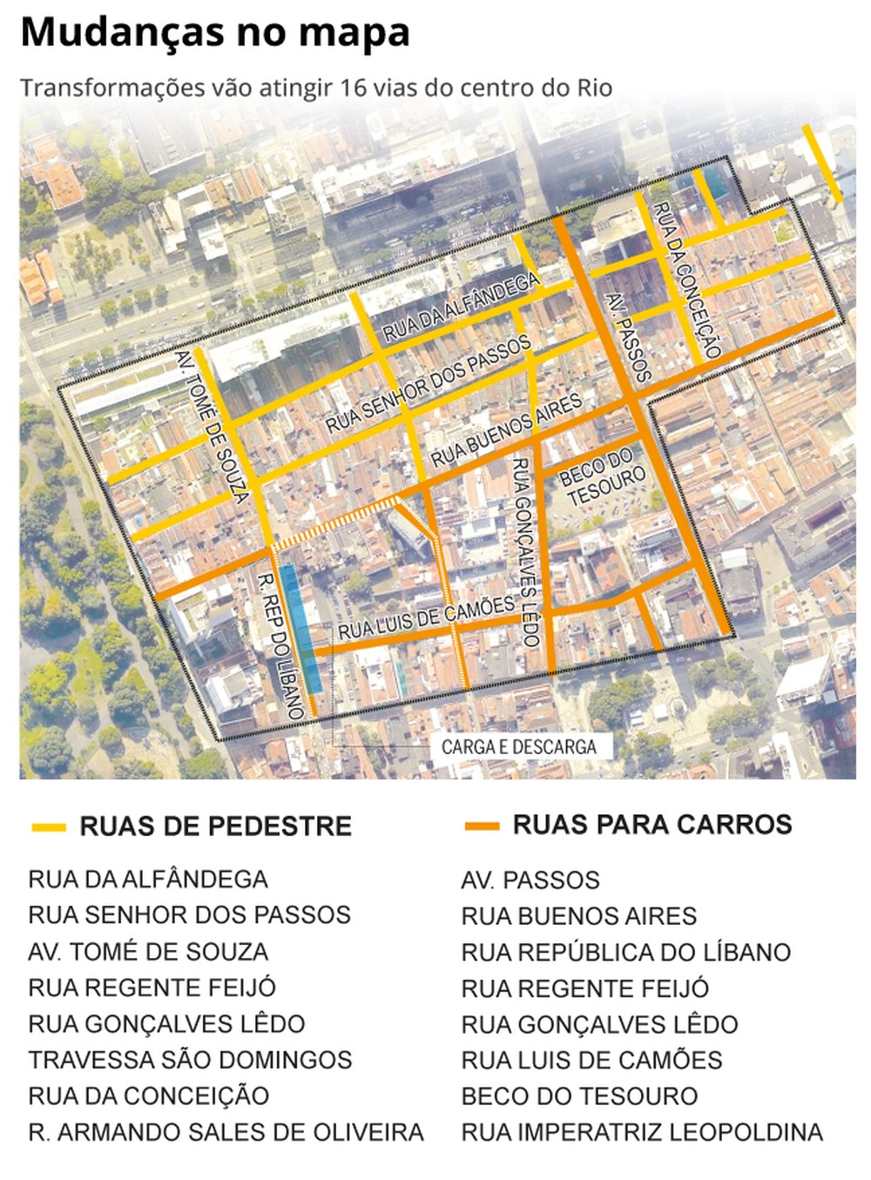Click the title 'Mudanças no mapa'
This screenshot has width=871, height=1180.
click(x=214, y=33)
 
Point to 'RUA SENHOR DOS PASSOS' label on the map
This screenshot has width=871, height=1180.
click(x=429, y=383)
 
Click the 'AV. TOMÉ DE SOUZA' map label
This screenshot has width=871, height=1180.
click(x=212, y=426)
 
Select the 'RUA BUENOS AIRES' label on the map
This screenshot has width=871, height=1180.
click(x=506, y=429)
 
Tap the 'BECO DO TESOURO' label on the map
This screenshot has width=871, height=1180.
click(x=603, y=477)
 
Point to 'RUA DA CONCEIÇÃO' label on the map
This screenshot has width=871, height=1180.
click(x=686, y=280)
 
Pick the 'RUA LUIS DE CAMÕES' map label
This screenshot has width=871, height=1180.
click(x=427, y=617)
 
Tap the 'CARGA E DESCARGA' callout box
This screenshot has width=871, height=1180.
click(x=518, y=747)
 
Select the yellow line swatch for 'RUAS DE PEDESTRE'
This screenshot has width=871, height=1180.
click(x=49, y=827)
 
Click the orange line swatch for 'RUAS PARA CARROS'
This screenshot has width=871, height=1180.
click(x=482, y=826)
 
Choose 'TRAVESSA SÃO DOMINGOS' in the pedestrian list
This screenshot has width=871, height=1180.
click(x=190, y=1060)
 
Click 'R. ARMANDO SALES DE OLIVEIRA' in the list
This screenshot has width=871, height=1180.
click(x=226, y=1132)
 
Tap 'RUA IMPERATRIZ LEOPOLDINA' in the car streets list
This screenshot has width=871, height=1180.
click(x=642, y=1132)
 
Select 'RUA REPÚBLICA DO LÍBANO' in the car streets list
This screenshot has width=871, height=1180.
click(x=625, y=952)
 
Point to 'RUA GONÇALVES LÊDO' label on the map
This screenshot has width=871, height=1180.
click(x=525, y=552)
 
